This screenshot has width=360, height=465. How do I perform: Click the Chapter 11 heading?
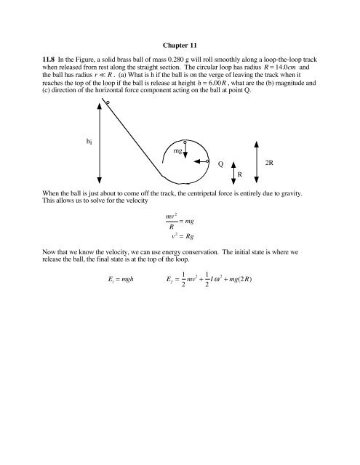pos(180,43)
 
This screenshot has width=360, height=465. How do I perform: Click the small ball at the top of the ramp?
pos(108,103)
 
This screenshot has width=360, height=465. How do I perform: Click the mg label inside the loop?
pos(177,151)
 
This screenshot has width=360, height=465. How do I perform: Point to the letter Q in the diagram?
pos(221,163)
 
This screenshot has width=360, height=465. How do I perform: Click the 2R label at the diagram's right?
pos(269,163)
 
